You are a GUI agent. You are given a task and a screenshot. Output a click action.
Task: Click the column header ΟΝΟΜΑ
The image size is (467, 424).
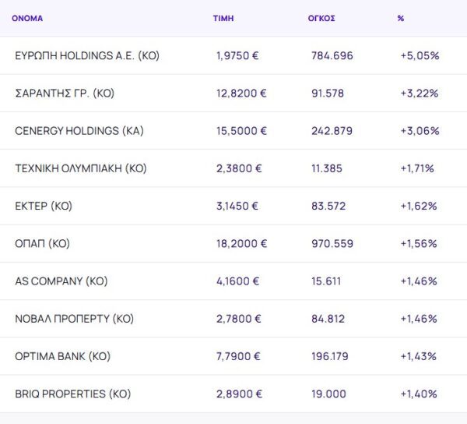tap(27, 18)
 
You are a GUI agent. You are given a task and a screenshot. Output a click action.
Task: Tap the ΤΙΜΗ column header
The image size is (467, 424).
tap(223, 18)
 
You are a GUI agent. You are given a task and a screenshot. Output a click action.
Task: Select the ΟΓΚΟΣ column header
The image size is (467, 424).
tap(321, 18)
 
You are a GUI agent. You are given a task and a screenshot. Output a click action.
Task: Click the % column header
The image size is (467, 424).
tap(401, 18)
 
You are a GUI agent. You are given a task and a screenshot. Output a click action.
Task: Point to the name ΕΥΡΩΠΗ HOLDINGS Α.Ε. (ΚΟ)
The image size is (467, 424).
tap(87, 56)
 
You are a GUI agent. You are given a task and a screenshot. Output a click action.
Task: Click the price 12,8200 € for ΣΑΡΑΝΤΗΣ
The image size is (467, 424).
tap(241, 94)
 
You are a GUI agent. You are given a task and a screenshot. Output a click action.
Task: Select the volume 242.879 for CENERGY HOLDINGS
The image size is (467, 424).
tap(332, 131)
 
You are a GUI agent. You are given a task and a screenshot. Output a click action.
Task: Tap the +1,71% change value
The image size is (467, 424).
tap(417, 168)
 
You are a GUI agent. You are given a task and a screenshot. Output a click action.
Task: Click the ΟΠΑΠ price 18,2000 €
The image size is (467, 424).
tap(241, 243)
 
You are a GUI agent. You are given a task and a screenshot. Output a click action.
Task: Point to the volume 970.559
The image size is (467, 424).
tap(332, 243)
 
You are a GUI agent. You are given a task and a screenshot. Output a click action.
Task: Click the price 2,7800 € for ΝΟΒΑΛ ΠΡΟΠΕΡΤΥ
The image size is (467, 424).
tap(239, 319)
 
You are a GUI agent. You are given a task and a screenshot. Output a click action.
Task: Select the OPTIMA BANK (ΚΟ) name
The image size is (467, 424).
tap(62, 356)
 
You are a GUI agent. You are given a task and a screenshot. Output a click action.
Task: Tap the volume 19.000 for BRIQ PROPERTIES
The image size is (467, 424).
tap(328, 394)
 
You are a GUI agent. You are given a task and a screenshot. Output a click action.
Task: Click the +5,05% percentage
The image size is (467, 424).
tap(420, 56)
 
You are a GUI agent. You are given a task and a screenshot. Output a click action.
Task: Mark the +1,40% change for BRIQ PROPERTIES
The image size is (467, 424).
tap(419, 394)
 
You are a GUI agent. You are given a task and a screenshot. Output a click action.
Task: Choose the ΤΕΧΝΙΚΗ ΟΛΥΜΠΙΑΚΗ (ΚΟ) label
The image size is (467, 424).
tap(81, 168)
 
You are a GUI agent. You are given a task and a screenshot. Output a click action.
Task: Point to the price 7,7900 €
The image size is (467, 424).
tap(239, 356)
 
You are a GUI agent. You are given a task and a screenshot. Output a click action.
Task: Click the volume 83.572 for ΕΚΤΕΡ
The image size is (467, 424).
tap(328, 206)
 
